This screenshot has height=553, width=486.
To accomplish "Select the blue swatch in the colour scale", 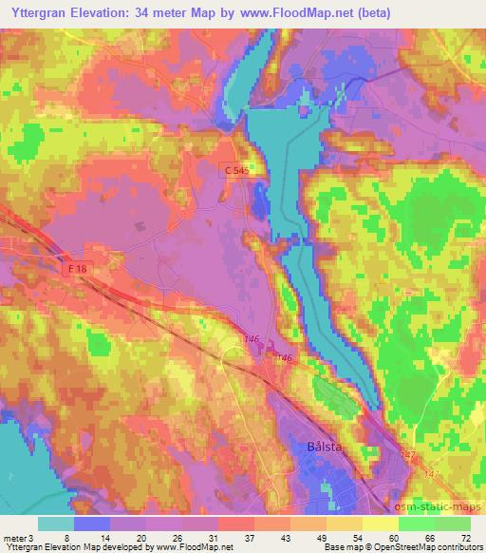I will point(91,524).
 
